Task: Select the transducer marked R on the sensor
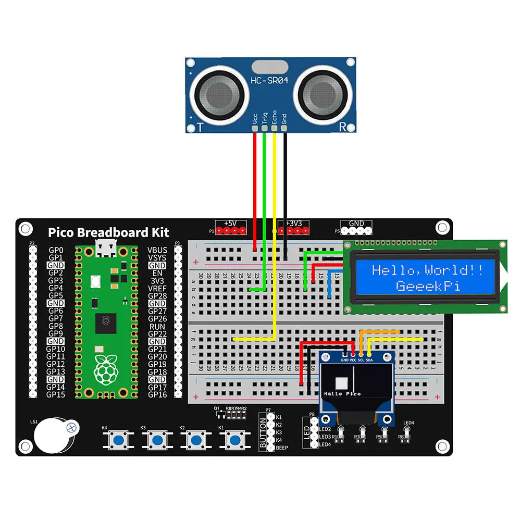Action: (322, 94)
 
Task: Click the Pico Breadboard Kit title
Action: (108, 233)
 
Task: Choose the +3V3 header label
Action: (294, 224)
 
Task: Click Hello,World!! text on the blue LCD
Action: (427, 270)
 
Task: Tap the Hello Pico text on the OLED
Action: (342, 394)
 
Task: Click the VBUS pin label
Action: (157, 251)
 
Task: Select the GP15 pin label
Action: (56, 394)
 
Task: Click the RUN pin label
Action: (157, 327)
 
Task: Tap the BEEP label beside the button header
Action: (282, 448)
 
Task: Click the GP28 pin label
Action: (157, 296)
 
